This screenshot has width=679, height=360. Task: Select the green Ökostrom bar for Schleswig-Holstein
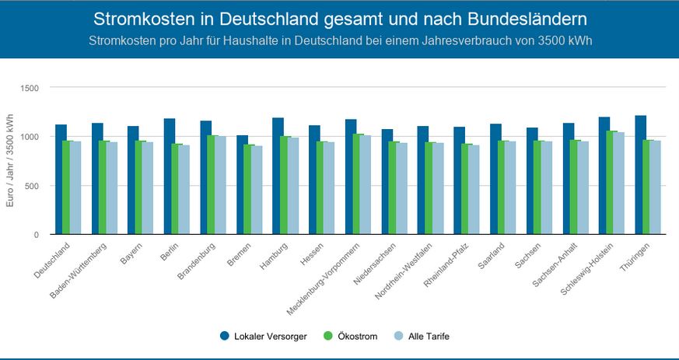612,183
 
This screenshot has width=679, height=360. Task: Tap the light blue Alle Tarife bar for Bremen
256,190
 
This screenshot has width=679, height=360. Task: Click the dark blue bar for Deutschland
61,180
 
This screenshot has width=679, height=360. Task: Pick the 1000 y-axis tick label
30,137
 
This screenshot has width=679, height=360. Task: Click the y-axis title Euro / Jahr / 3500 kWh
10,161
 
